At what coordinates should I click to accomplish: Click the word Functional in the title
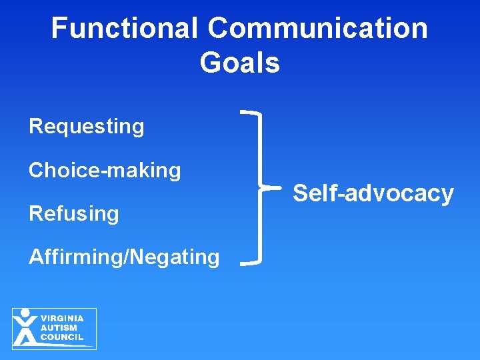tap(125, 29)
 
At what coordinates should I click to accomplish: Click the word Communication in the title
tap(317, 29)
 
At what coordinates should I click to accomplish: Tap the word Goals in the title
tap(239, 63)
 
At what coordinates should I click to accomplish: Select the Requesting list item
tap(86, 127)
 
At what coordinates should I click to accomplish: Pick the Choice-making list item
tap(105, 171)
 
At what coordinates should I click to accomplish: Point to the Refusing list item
tap(73, 214)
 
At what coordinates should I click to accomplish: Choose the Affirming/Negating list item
tap(124, 257)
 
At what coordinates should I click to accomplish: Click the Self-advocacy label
tap(373, 193)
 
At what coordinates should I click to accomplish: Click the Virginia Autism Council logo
tap(54, 329)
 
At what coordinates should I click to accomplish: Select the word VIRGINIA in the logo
tap(62, 319)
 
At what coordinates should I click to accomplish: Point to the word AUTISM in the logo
tap(59, 328)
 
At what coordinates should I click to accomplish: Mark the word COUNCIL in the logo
tap(62, 337)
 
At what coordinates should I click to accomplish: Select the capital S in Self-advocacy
tap(301, 193)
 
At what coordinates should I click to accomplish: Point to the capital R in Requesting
tap(35, 127)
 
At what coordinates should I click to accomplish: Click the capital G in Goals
tap(211, 63)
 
